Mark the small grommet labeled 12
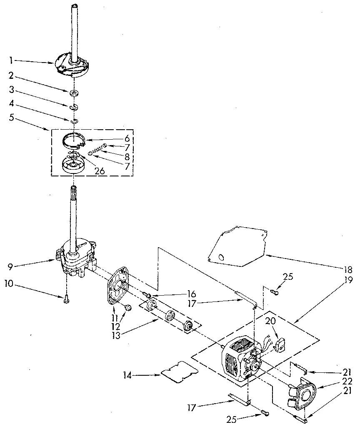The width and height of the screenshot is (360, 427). point(128,307)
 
